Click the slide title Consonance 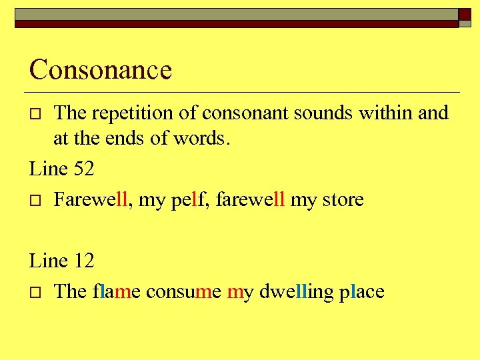101,69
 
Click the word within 386,113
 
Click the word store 342,199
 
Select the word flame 116,291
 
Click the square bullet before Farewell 37,201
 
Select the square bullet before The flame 37,293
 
